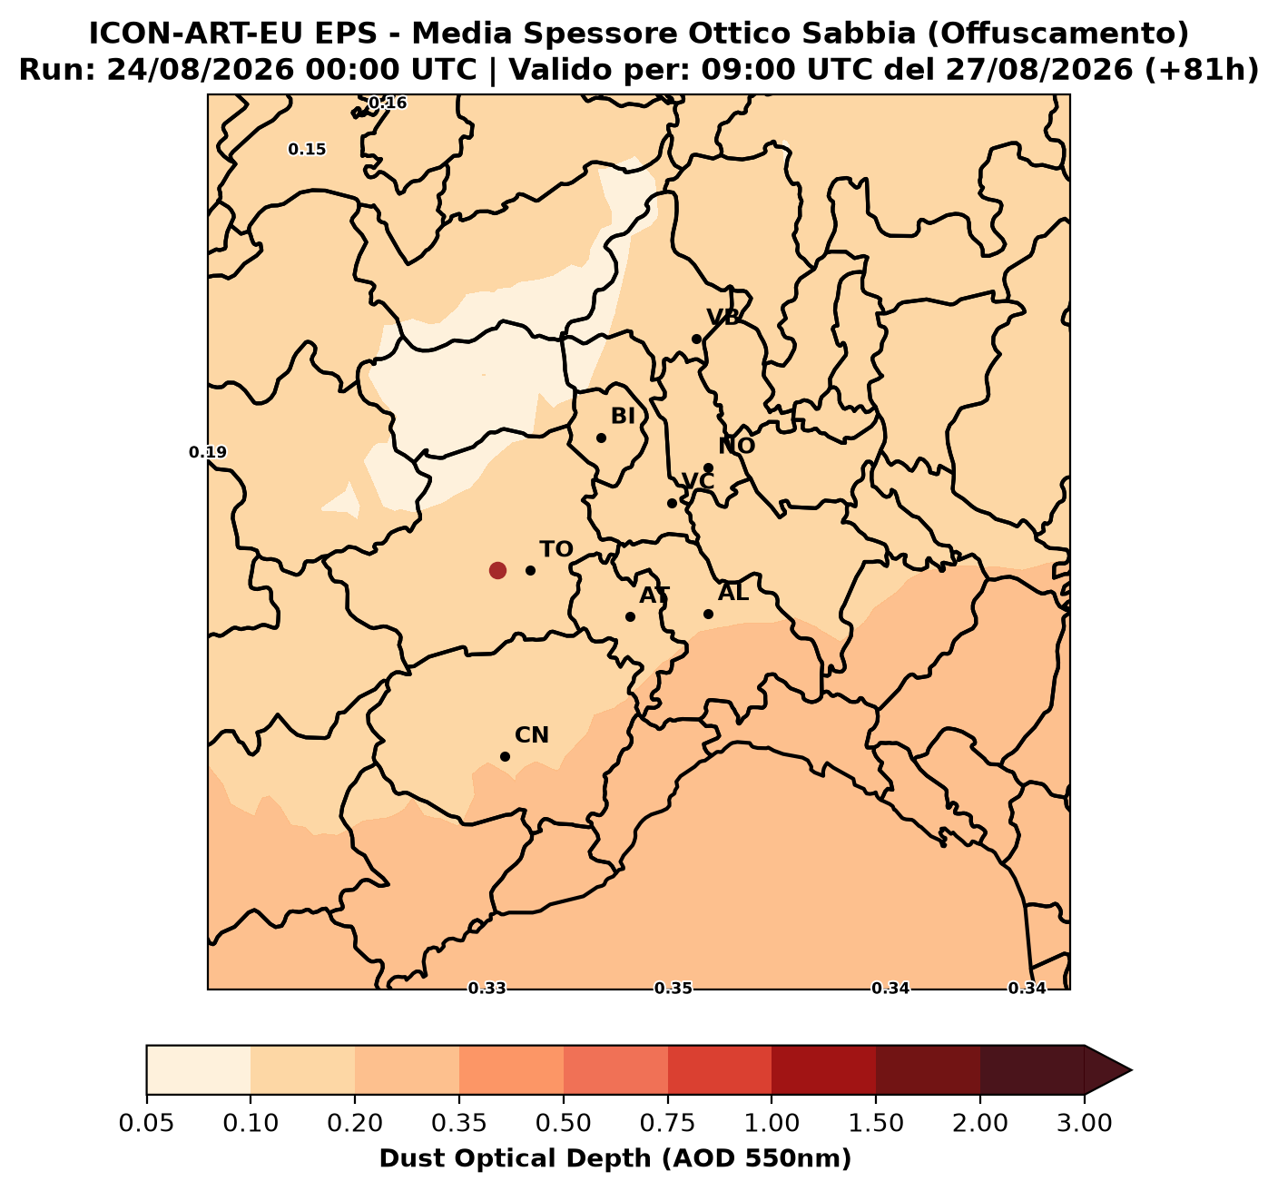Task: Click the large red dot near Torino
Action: point(497,570)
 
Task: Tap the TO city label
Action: point(556,549)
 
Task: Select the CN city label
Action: point(532,734)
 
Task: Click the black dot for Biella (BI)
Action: point(601,438)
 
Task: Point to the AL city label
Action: point(733,592)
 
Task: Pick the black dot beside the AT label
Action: point(630,616)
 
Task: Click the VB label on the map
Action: point(723,317)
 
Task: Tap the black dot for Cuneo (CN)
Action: point(506,756)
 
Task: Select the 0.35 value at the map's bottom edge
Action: point(673,989)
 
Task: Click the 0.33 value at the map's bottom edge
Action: point(487,989)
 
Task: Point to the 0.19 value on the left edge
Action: point(208,453)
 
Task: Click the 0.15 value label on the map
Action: point(307,150)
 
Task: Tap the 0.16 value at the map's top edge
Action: point(388,103)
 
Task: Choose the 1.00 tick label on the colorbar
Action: point(772,1124)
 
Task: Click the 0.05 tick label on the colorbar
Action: point(147,1124)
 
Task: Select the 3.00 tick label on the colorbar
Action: point(1085,1124)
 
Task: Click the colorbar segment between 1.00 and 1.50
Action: point(823,1070)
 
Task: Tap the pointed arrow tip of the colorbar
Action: point(1131,1070)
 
